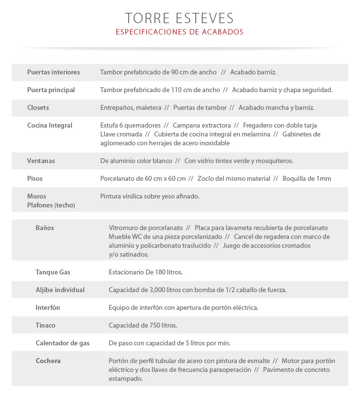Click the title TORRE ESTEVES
[180, 18]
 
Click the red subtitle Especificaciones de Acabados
[180, 32]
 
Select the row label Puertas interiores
[53, 72]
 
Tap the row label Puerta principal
[51, 90]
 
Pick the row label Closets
[38, 108]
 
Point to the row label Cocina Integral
[49, 126]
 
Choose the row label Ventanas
[41, 161]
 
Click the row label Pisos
[35, 179]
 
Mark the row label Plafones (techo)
[51, 205]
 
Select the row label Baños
[45, 228]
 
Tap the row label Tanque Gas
[53, 272]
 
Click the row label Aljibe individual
[60, 290]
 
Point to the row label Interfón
[48, 308]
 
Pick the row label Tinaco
[45, 326]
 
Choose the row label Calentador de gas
[63, 343]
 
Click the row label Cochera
[48, 361]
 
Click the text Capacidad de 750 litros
[143, 326]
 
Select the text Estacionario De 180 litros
[145, 272]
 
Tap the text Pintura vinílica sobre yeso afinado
[149, 197]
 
